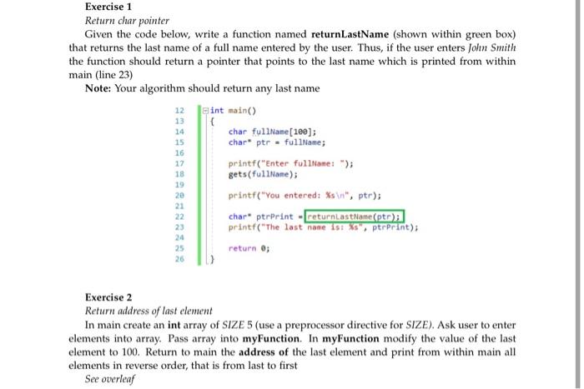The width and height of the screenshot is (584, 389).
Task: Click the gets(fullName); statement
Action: pos(263,174)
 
